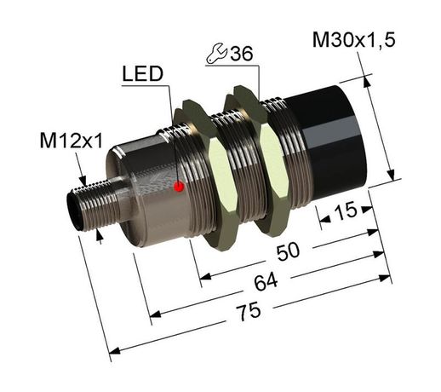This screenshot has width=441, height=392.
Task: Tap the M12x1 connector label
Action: coord(73,141)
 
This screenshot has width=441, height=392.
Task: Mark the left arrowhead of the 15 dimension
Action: coord(323,221)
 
